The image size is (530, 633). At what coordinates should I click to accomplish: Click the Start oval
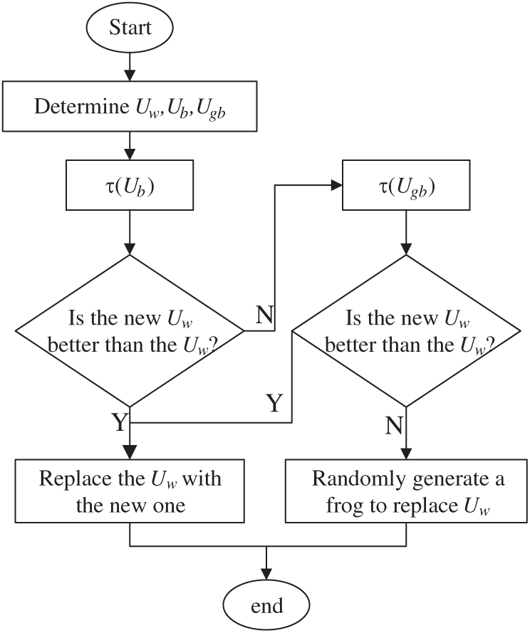pos(130,28)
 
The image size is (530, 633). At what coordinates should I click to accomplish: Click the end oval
pos(266,606)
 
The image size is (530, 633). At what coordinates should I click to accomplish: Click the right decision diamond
pos(407,331)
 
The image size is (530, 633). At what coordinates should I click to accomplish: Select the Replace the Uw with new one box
pos(130,492)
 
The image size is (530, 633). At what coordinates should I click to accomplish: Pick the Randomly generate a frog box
pos(407,492)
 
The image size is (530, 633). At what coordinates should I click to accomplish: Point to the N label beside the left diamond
pos(264,315)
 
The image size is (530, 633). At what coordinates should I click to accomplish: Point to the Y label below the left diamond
pos(119,424)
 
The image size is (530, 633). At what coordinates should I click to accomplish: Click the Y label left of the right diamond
pos(275,404)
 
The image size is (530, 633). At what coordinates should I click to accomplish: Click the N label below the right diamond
pos(394,425)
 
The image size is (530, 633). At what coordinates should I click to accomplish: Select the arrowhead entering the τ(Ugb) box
pos(336,187)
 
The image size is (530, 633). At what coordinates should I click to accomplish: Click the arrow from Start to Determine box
pos(130,68)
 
